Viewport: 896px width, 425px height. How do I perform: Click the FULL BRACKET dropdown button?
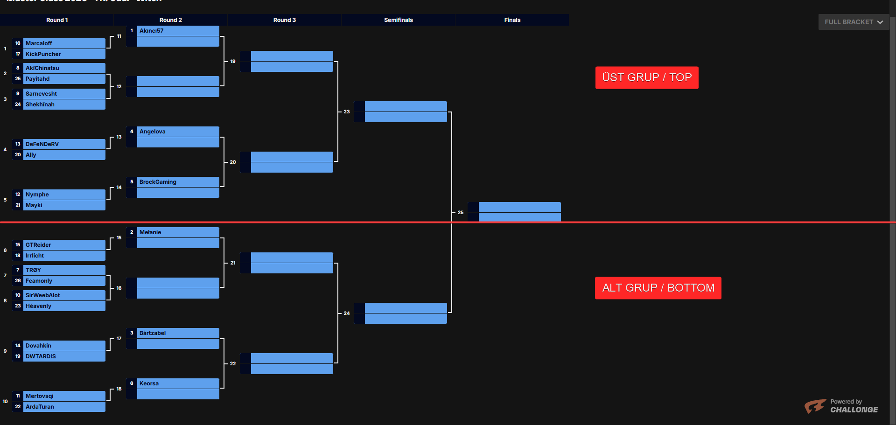tap(854, 22)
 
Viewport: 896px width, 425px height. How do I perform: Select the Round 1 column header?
tap(57, 20)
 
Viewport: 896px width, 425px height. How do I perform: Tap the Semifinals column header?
tap(398, 20)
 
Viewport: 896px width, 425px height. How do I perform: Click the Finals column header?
tap(512, 20)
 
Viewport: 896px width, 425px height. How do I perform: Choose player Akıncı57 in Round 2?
tap(177, 31)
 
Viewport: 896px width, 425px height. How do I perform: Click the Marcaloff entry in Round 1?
tap(64, 43)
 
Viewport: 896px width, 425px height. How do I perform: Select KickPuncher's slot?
tap(64, 54)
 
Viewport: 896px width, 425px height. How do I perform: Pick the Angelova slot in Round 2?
tap(177, 132)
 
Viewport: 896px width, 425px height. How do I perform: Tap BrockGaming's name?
tap(177, 182)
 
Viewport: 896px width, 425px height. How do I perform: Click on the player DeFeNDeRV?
tap(64, 144)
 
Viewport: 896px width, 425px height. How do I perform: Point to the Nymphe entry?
tap(64, 195)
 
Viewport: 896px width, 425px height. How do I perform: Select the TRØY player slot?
tap(64, 270)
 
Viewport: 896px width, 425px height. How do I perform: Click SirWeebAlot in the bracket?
tap(64, 295)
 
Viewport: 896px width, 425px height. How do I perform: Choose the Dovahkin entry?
tap(64, 346)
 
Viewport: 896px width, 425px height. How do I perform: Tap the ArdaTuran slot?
tap(64, 407)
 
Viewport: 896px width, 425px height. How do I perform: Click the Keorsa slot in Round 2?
tap(177, 383)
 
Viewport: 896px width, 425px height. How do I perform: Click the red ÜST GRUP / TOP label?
tap(646, 77)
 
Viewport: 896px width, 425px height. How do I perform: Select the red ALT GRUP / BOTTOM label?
tap(658, 288)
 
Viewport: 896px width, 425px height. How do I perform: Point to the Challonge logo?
tap(841, 406)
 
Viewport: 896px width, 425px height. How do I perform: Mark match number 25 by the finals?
tap(461, 213)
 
